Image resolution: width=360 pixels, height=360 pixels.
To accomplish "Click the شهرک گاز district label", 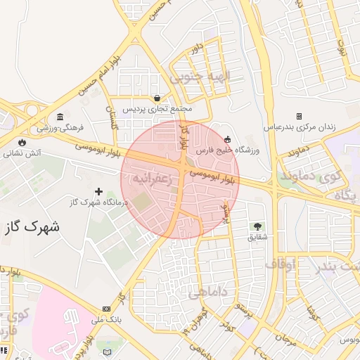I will (32, 226).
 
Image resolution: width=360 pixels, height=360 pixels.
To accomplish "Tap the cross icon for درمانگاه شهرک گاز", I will (98, 191).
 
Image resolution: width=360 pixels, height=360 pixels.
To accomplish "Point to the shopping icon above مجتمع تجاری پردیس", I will (157, 98).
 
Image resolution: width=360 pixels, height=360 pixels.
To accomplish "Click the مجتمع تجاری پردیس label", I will (162, 109).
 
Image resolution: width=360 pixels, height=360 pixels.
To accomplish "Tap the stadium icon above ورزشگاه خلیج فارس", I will (226, 139).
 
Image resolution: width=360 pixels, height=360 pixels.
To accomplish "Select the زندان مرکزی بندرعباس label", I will (300, 127).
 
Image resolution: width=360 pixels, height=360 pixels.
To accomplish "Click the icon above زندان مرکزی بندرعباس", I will (299, 116).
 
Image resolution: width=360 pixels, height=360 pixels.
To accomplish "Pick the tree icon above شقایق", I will (257, 226).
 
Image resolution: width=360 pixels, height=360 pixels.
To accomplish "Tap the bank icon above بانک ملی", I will (106, 309).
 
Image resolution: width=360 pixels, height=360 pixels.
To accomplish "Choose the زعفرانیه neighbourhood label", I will (148, 179).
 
